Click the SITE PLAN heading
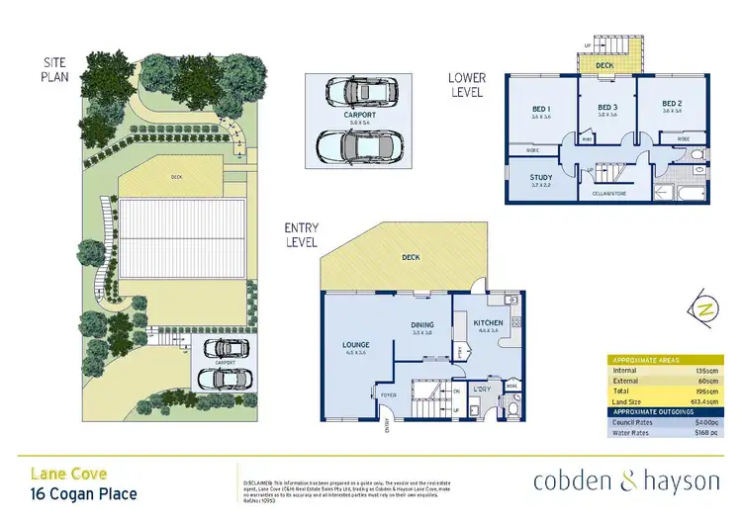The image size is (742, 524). [53, 69]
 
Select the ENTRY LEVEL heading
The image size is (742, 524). [302, 234]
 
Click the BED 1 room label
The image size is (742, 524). [540, 110]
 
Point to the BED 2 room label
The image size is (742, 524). [672, 104]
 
